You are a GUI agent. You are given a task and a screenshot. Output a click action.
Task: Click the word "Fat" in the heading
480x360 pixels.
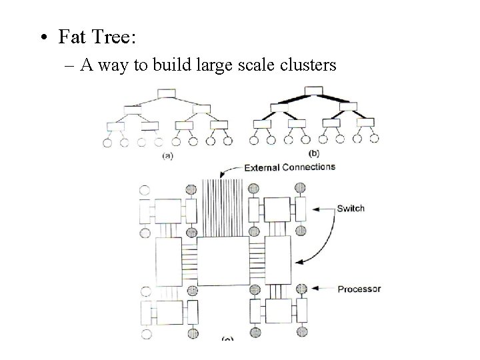[x=72, y=37]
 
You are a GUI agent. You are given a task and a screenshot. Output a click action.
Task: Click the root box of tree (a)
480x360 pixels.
[x=166, y=93]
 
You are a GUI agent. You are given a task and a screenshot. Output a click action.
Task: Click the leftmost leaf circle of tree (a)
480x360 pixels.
[x=107, y=142]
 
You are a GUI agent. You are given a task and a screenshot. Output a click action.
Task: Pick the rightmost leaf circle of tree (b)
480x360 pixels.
[x=374, y=139]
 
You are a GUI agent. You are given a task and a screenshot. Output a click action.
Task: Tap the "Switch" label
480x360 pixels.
[x=351, y=208]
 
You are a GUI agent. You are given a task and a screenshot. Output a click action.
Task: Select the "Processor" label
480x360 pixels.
[x=359, y=289]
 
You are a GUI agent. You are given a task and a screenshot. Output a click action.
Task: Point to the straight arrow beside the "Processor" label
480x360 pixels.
[x=323, y=288]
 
